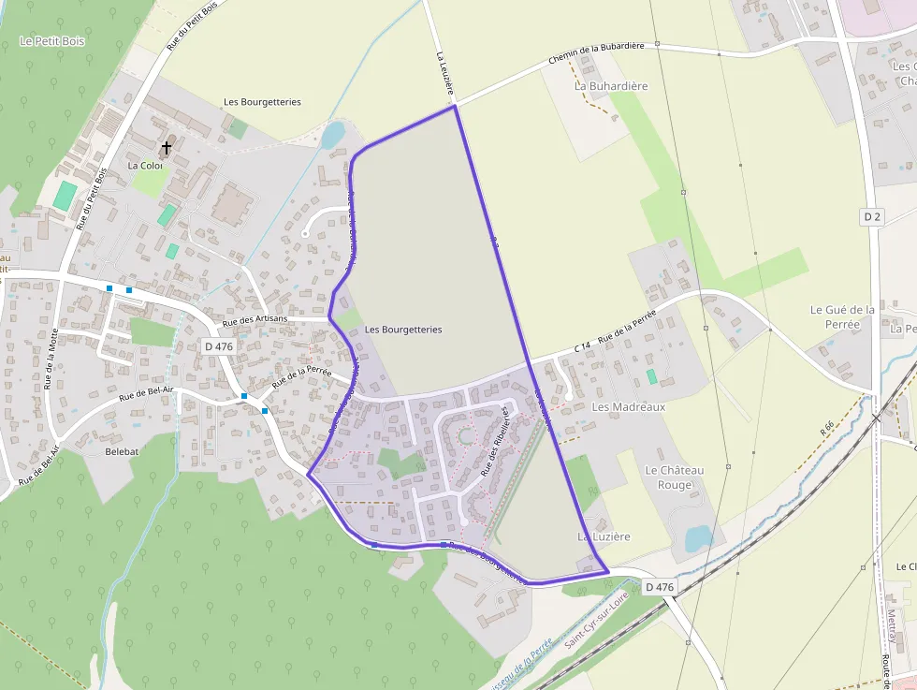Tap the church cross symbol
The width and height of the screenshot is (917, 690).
pyautogui.click(x=167, y=148)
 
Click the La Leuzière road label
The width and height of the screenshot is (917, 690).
pyautogui.click(x=445, y=73)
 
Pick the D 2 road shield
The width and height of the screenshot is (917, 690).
pyautogui.click(x=872, y=216)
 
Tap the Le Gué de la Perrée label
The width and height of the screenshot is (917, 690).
pyautogui.click(x=842, y=316)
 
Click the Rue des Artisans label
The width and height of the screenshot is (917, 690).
pyautogui.click(x=255, y=320)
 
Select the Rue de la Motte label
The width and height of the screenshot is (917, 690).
pyautogui.click(x=51, y=359)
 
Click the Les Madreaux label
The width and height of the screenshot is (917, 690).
pyautogui.click(x=629, y=407)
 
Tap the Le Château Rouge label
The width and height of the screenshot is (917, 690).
pyautogui.click(x=675, y=477)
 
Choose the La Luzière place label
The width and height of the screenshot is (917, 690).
pyautogui.click(x=604, y=536)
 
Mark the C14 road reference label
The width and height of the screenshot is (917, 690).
pyautogui.click(x=582, y=347)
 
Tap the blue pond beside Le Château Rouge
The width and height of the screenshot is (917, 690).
pyautogui.click(x=698, y=538)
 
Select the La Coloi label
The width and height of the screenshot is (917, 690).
pyautogui.click(x=145, y=166)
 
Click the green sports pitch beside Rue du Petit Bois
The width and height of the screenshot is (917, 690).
pyautogui.click(x=65, y=196)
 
